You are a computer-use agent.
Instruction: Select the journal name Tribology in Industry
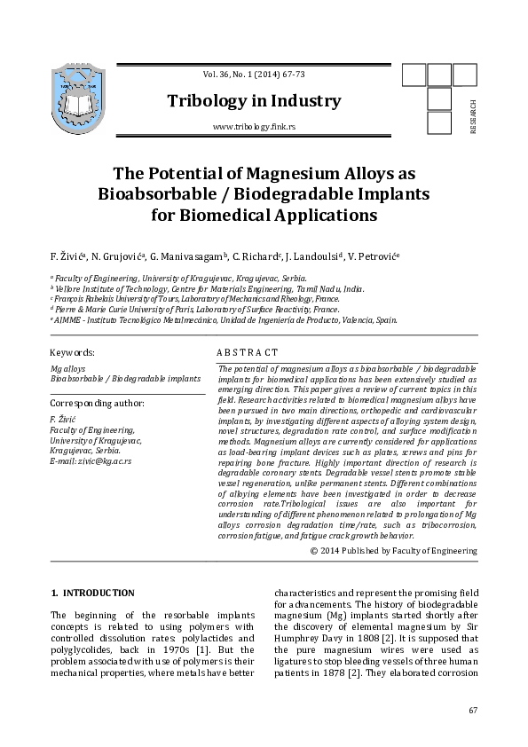254,101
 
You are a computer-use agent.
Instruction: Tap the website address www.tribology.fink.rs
254,128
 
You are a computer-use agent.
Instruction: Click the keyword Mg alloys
68,367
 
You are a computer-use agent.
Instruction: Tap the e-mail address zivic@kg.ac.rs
91,461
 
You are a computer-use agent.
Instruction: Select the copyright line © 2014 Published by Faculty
394,551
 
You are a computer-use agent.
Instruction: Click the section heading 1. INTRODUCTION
93,593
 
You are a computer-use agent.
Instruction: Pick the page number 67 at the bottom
472,711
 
